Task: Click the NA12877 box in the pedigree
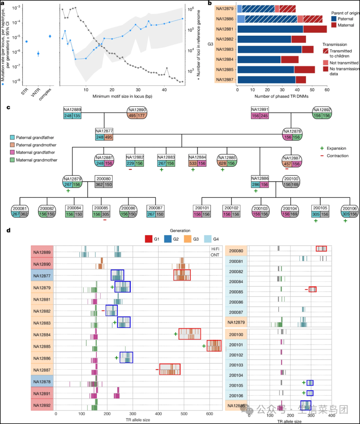click(x=104, y=134)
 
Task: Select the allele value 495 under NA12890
click(x=132, y=116)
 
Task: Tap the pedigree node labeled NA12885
click(x=227, y=160)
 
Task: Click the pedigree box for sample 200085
click(x=101, y=211)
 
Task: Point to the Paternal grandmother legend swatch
click(x=12, y=145)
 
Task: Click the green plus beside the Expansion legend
click(x=322, y=148)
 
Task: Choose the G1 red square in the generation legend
click(x=149, y=239)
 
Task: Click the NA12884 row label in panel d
click(x=42, y=335)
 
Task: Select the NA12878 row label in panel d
click(x=42, y=382)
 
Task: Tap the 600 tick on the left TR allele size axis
click(x=210, y=414)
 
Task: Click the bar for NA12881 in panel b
click(x=282, y=29)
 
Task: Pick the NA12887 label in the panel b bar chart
click(x=225, y=79)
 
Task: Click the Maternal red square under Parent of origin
click(x=334, y=25)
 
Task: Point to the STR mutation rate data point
click(x=26, y=41)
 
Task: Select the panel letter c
click(x=8, y=107)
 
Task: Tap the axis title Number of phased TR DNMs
click(x=281, y=96)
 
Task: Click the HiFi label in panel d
click(x=215, y=249)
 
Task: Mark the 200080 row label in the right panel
click(x=236, y=251)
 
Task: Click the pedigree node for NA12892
click(x=322, y=113)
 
